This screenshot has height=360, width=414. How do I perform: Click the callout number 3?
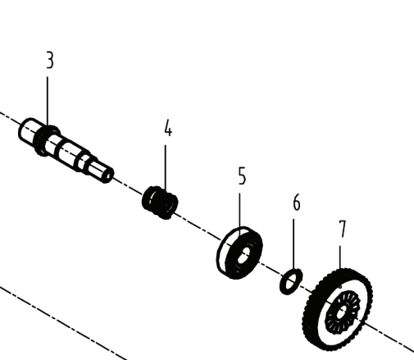(50, 60)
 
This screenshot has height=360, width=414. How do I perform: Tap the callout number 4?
(168, 128)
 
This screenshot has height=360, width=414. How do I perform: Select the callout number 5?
(242, 176)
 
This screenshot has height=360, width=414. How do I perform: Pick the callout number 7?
(343, 229)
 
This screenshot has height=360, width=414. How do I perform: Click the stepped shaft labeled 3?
(66, 150)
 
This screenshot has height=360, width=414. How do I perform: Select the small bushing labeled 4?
(160, 203)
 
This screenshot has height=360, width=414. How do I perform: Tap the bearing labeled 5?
(239, 253)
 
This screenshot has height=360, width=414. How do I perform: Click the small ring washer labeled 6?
(291, 281)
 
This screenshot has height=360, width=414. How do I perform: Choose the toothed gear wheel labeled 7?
(338, 309)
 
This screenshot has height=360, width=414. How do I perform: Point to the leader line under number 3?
(48, 102)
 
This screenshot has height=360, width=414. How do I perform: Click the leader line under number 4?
(165, 167)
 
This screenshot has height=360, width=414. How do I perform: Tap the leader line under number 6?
(293, 244)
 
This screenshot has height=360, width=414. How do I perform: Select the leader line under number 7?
(340, 257)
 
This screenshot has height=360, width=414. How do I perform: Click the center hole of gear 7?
(341, 312)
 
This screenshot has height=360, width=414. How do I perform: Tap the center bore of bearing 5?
(243, 256)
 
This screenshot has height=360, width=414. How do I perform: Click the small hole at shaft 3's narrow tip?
(109, 175)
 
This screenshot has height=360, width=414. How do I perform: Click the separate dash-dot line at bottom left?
(63, 323)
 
